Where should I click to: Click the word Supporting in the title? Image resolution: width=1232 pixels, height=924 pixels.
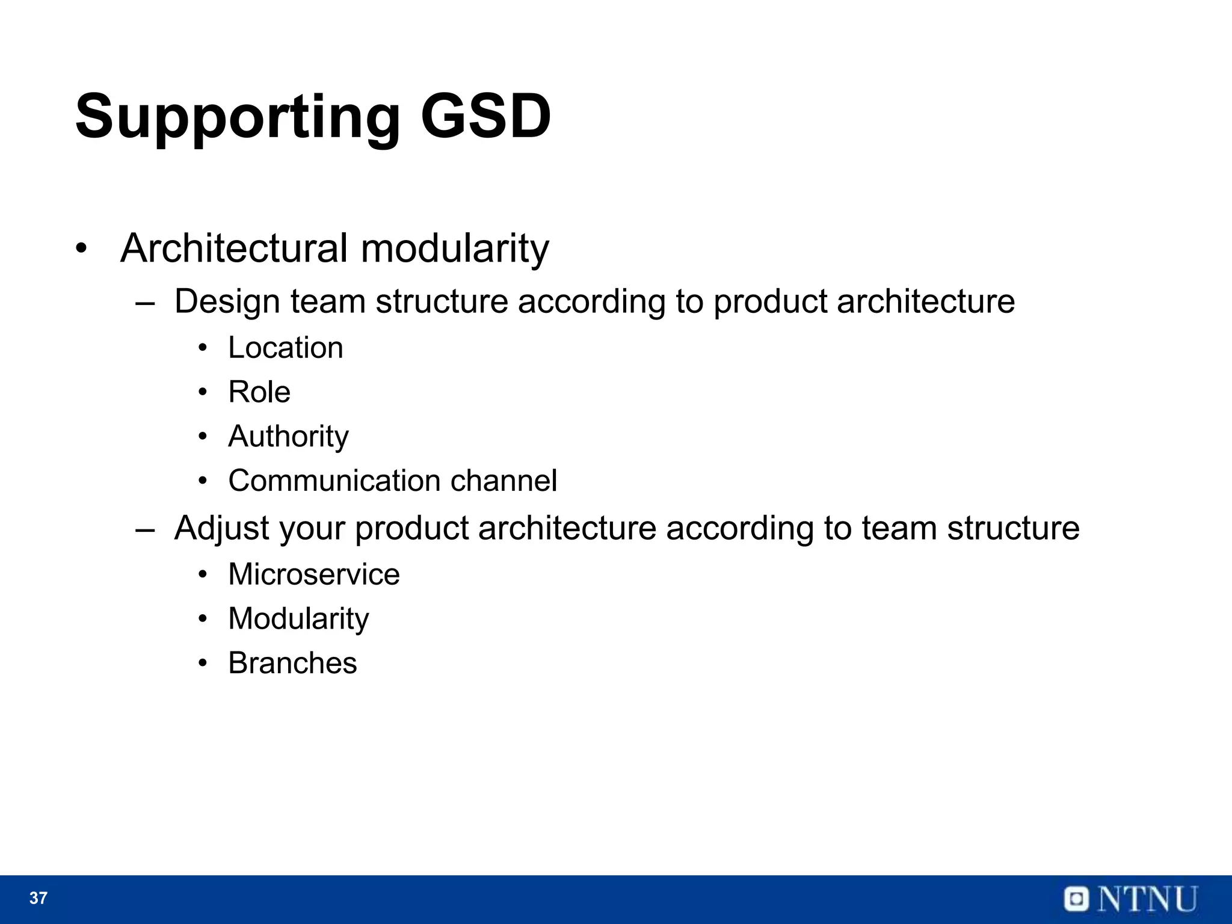[237, 117]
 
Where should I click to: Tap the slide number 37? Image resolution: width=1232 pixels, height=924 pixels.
[38, 898]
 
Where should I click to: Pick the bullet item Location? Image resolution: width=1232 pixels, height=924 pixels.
[285, 348]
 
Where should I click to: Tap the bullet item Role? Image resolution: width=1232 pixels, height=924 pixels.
[259, 392]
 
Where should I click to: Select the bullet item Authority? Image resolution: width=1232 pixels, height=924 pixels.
[288, 437]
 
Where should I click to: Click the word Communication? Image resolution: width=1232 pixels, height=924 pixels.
[334, 481]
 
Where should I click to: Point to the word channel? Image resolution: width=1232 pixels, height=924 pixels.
[503, 481]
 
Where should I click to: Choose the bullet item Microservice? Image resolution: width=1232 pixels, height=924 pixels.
[313, 574]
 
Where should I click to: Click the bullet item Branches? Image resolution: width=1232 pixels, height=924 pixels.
[292, 663]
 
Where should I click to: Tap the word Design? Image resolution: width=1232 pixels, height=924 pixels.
[227, 301]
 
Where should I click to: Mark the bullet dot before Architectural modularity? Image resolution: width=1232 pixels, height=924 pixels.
[81, 248]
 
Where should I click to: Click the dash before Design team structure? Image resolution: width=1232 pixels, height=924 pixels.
[144, 303]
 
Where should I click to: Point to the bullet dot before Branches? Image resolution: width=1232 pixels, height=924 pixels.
[203, 664]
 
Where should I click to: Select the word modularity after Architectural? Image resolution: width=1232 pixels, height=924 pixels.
[454, 248]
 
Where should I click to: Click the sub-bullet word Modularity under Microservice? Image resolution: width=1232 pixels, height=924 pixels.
[298, 619]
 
